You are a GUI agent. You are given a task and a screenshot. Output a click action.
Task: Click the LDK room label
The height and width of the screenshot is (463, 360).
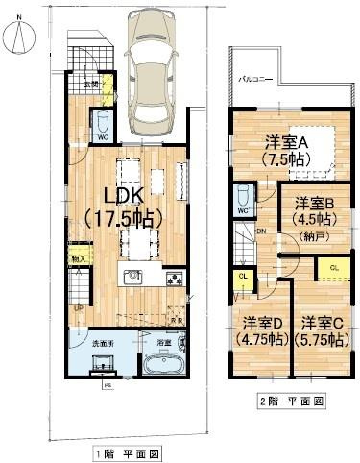124,195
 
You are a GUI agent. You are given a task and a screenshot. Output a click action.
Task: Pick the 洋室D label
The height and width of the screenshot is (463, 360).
260,322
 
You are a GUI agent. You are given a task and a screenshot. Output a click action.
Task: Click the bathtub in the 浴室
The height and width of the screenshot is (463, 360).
161,366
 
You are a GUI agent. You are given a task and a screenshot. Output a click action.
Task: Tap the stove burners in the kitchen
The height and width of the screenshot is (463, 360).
174,280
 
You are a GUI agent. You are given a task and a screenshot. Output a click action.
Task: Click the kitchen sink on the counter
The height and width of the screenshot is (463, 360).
132,278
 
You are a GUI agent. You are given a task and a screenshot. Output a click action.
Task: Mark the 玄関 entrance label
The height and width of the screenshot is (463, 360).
90,85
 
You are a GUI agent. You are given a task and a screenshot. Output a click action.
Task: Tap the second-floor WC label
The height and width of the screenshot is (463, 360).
243,210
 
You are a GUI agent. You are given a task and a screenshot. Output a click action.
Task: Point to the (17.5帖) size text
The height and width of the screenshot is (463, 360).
122,217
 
